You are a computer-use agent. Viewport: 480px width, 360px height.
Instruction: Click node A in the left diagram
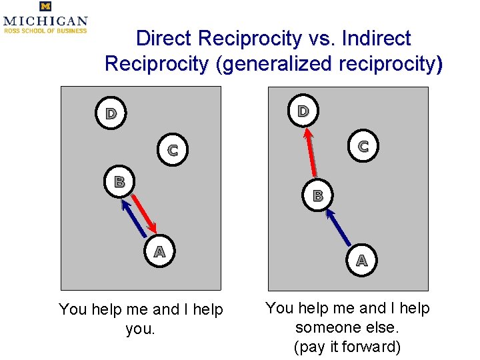coord(159,252)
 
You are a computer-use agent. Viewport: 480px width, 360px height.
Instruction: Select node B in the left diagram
coord(119,181)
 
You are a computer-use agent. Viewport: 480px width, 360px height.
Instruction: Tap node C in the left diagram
coord(173,150)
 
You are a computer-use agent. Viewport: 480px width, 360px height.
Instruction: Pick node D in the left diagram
coord(111,113)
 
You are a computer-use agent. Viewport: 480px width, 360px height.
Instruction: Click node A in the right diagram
coord(361,260)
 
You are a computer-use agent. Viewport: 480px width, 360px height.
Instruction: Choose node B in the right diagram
coord(318,195)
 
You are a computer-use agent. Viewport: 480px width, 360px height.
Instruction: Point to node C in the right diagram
coord(363,146)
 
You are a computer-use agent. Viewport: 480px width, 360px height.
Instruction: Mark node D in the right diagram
coord(303,111)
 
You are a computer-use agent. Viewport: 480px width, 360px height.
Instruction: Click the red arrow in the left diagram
coord(145,213)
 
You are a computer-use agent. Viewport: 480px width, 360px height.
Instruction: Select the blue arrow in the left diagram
coord(134,219)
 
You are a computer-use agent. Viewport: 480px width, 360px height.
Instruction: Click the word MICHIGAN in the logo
coord(45,21)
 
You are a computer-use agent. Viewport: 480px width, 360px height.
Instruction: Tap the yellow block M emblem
coord(45,7)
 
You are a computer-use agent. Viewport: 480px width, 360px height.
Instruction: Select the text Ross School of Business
coord(45,31)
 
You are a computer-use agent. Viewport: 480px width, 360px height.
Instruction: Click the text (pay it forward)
coord(347,347)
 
